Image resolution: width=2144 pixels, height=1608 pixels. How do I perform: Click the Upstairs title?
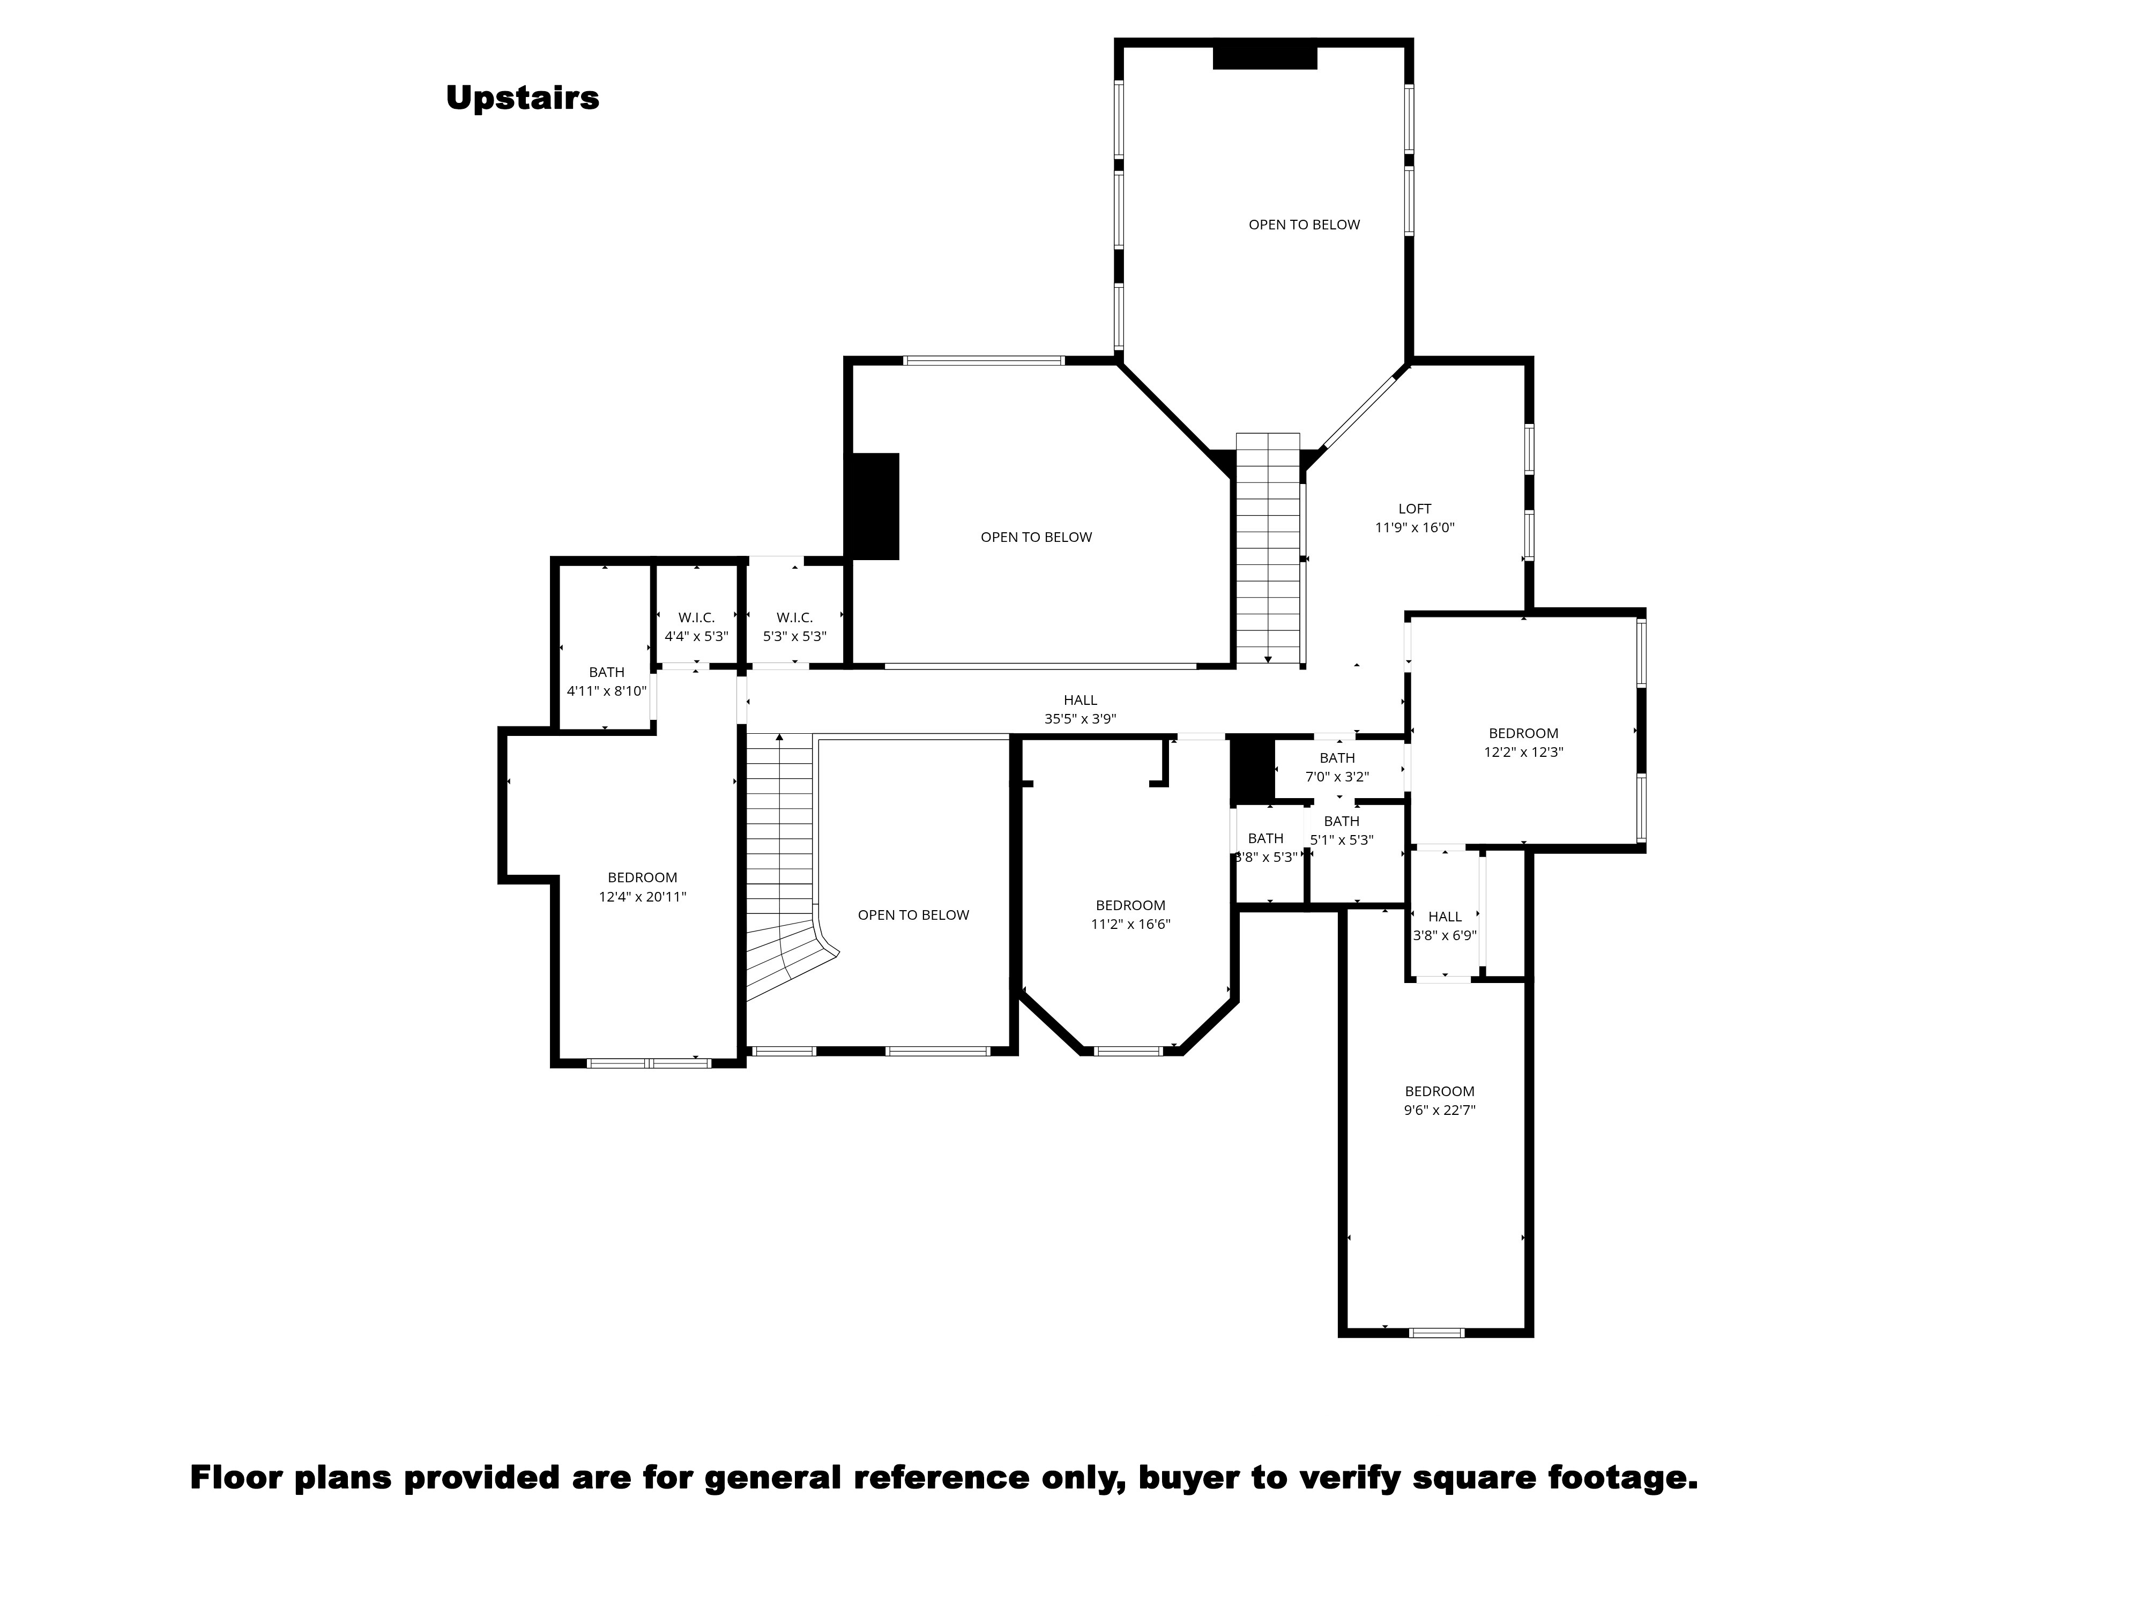pyautogui.click(x=523, y=98)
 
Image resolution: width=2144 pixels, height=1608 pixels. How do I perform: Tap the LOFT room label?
pyautogui.click(x=1414, y=509)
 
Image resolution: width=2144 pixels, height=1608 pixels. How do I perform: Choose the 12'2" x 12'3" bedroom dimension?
pyautogui.click(x=1524, y=752)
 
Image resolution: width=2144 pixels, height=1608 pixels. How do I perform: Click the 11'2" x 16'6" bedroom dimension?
pyautogui.click(x=1130, y=925)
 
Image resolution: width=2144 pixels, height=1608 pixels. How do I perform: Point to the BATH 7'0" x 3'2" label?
pyautogui.click(x=1337, y=758)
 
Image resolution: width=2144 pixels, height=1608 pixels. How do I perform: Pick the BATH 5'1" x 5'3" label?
pyautogui.click(x=1342, y=822)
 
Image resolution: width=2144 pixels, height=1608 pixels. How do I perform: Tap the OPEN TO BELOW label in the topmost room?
pyautogui.click(x=1304, y=225)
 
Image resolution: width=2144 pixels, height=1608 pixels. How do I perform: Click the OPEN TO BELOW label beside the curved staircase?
pyautogui.click(x=913, y=915)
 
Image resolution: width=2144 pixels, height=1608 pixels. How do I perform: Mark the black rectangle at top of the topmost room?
pyautogui.click(x=1265, y=56)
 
